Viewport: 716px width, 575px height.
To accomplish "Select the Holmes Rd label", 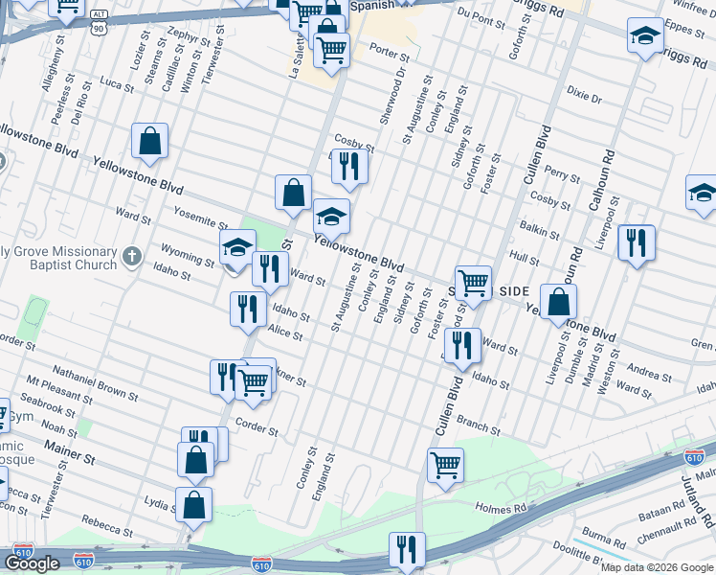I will [501, 507].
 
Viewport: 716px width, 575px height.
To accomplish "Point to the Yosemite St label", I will [201, 215].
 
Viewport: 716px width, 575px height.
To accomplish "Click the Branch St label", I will [479, 425].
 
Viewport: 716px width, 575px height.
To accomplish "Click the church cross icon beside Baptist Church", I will [133, 256].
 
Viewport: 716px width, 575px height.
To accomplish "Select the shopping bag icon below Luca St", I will [150, 142].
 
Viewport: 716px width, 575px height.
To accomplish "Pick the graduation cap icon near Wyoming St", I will [237, 247].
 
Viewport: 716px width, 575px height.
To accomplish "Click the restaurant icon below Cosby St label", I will [349, 166].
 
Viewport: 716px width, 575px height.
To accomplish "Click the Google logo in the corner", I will [32, 563].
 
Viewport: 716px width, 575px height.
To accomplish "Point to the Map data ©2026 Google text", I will [657, 566].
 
